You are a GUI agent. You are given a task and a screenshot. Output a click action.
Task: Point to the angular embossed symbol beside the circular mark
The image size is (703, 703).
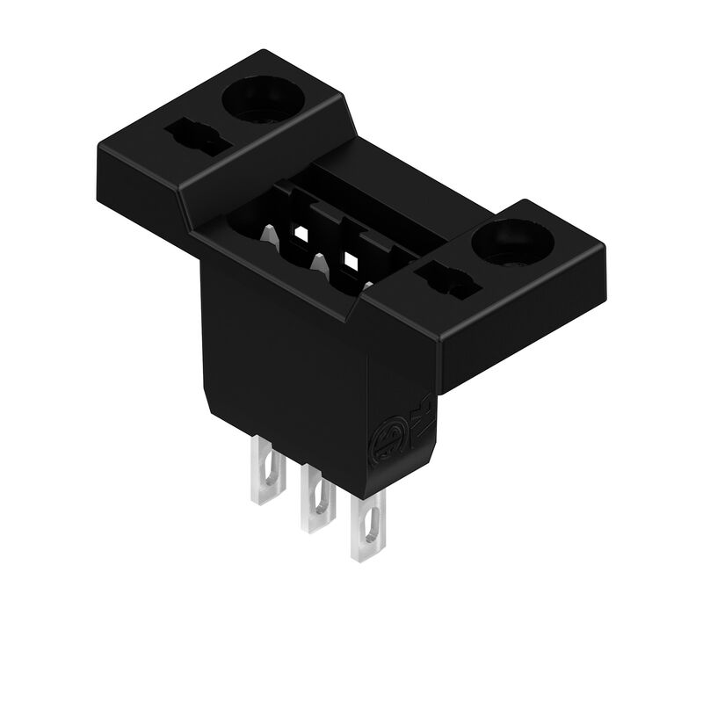coord(419,411)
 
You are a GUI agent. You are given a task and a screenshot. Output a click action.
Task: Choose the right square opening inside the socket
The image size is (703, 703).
coord(352,261)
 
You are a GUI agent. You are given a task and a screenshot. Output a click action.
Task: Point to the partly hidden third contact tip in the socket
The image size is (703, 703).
coord(367,285)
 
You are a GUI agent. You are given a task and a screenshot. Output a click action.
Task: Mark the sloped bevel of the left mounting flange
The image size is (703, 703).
coord(264,176)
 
